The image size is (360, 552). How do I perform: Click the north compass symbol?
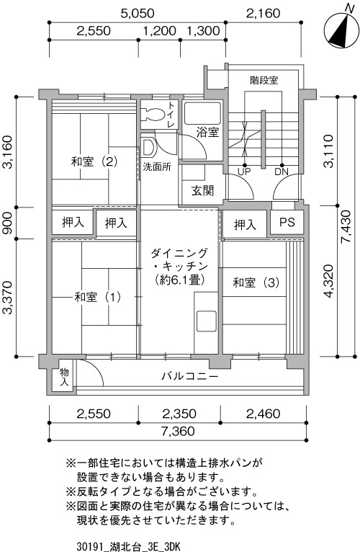coord(340,30)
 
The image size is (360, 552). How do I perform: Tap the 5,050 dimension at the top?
coord(138,14)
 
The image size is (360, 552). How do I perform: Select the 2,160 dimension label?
coord(264,14)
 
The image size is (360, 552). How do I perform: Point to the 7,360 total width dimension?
coord(178,431)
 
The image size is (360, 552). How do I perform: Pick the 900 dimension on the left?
coord(8,223)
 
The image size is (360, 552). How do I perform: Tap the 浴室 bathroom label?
coord(207,133)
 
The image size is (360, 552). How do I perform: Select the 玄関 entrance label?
coord(202,190)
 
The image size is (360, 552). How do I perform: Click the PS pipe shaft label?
coord(287,222)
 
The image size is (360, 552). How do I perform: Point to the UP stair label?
coord(244,172)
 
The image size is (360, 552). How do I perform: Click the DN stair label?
coord(282,172)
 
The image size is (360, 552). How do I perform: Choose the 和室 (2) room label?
coord(94,162)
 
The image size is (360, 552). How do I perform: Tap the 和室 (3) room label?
coord(256,282)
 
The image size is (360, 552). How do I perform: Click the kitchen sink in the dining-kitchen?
coord(206,321)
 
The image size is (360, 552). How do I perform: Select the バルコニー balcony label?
coord(190,376)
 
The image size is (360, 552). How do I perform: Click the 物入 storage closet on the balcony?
coord(64,377)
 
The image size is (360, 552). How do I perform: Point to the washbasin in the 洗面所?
coord(148,147)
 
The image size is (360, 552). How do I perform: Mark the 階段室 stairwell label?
coord(264,80)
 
